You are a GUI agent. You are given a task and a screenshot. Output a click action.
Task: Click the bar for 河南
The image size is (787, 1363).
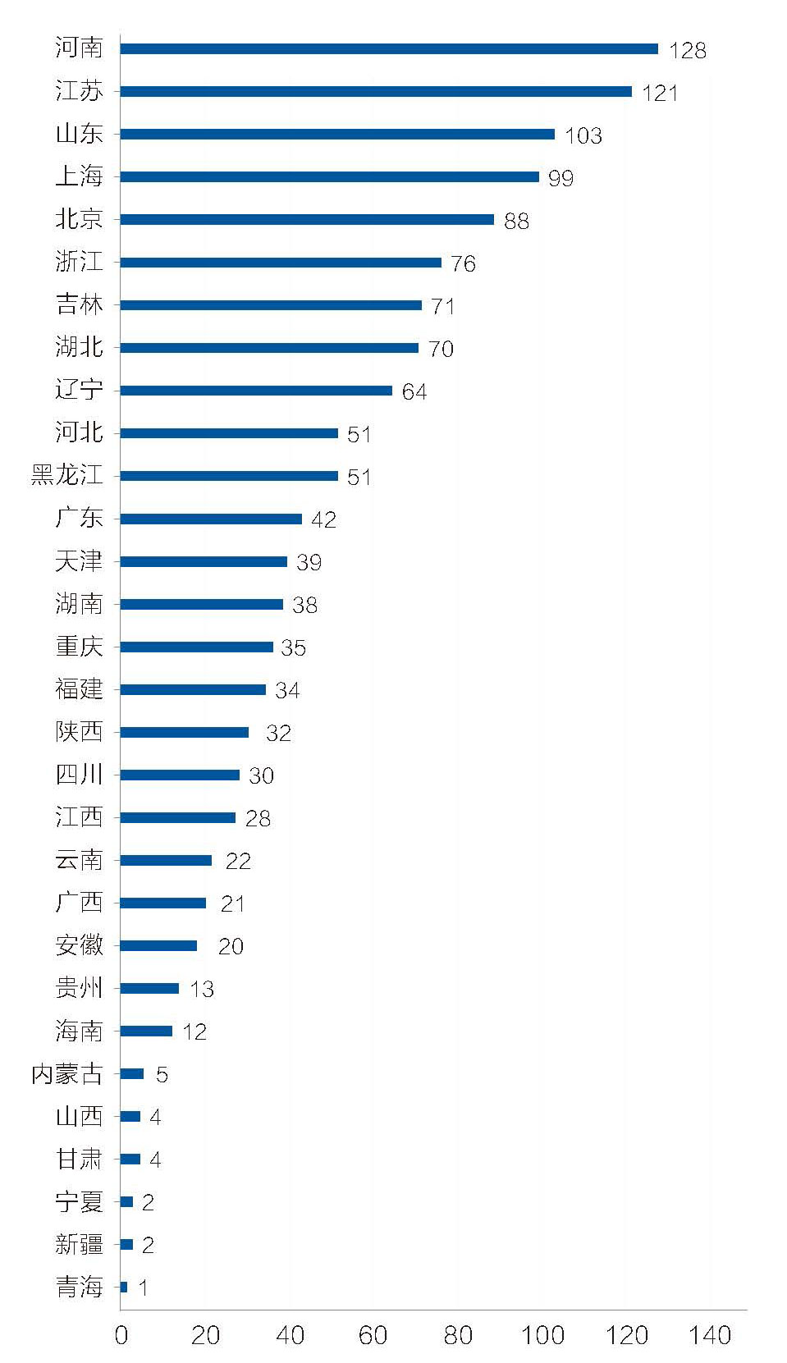pyautogui.click(x=389, y=49)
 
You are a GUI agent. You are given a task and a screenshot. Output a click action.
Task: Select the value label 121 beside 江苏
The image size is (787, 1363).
pyautogui.click(x=660, y=93)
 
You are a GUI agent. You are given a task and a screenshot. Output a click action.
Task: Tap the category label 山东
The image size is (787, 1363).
pyautogui.click(x=79, y=134)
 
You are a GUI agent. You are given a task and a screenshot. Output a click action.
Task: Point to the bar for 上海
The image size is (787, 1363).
pyautogui.click(x=329, y=177)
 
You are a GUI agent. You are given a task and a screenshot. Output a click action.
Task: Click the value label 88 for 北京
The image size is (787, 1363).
pyautogui.click(x=516, y=221)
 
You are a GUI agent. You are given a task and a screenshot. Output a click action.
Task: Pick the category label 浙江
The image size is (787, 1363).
pyautogui.click(x=79, y=262)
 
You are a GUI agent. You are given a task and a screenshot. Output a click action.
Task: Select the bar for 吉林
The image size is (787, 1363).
pyautogui.click(x=271, y=305)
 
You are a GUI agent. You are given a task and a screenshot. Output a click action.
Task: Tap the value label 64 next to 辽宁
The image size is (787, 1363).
pyautogui.click(x=414, y=391)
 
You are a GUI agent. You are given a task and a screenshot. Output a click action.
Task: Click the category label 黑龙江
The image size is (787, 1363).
pyautogui.click(x=66, y=475)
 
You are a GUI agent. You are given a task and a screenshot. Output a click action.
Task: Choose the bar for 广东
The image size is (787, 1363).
pyautogui.click(x=211, y=519)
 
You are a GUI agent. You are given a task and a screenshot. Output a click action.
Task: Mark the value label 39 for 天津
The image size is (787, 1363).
pyautogui.click(x=309, y=562)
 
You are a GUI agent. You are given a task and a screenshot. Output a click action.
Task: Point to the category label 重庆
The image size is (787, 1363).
pyautogui.click(x=79, y=646)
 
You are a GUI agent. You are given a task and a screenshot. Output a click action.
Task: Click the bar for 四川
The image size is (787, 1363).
pyautogui.click(x=180, y=775)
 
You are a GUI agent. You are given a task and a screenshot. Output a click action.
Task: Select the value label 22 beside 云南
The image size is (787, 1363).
pyautogui.click(x=238, y=861)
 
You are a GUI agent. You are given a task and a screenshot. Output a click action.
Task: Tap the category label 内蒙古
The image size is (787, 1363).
pyautogui.click(x=66, y=1073)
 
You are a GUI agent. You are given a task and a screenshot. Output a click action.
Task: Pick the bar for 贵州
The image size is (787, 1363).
pyautogui.click(x=149, y=988)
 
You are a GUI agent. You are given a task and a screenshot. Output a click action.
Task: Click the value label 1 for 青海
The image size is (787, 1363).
pyautogui.click(x=143, y=1288)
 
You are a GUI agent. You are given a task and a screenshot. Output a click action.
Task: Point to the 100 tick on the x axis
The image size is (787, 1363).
pyautogui.click(x=542, y=1335)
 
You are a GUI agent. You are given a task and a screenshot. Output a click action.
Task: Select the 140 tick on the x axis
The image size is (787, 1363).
pyautogui.click(x=710, y=1335)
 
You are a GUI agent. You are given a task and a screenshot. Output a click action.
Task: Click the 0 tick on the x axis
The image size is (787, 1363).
pyautogui.click(x=121, y=1335)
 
